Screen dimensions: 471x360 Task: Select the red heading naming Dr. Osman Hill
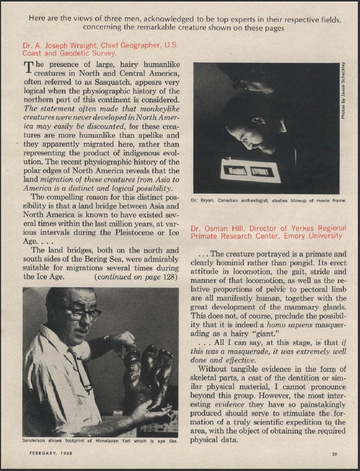click(267, 232)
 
